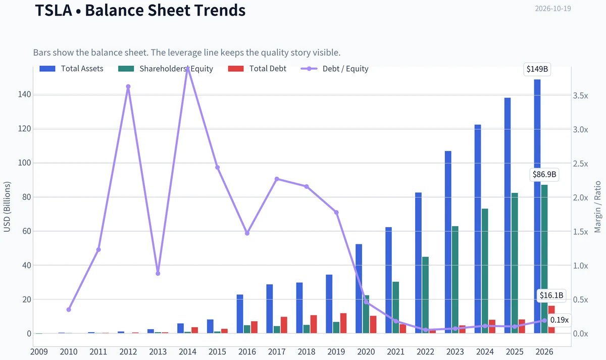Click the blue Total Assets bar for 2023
(x=448, y=242)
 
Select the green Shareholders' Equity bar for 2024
(x=485, y=271)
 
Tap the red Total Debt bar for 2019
(x=343, y=323)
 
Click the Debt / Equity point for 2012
(x=128, y=86)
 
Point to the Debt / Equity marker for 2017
(x=277, y=179)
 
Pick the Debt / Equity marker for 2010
(x=69, y=310)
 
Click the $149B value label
(x=537, y=69)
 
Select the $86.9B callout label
(x=544, y=175)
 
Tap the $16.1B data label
(x=551, y=295)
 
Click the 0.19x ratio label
(x=559, y=320)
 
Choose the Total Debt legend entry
(x=257, y=69)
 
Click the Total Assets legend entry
(x=71, y=69)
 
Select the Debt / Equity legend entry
(x=335, y=69)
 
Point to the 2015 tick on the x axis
(x=217, y=352)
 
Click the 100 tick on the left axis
(x=25, y=163)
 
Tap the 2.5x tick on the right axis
(x=581, y=164)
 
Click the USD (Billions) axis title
(x=7, y=207)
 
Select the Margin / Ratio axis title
(x=597, y=207)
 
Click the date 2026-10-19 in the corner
(x=553, y=9)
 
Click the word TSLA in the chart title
(x=54, y=10)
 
